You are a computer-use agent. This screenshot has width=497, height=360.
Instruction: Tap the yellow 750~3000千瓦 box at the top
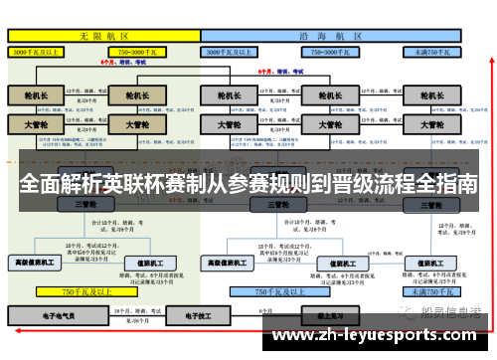coord(144,50)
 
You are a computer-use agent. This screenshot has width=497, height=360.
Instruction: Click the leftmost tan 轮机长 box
coord(37,95)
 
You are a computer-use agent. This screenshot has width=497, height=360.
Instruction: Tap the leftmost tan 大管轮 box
coord(37,126)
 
